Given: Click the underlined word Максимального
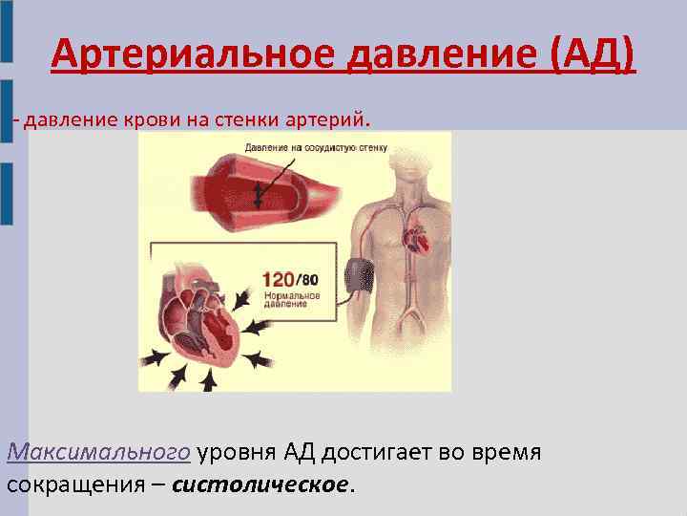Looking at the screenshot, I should tap(99, 451).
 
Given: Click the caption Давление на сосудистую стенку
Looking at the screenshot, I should tap(315, 148).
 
